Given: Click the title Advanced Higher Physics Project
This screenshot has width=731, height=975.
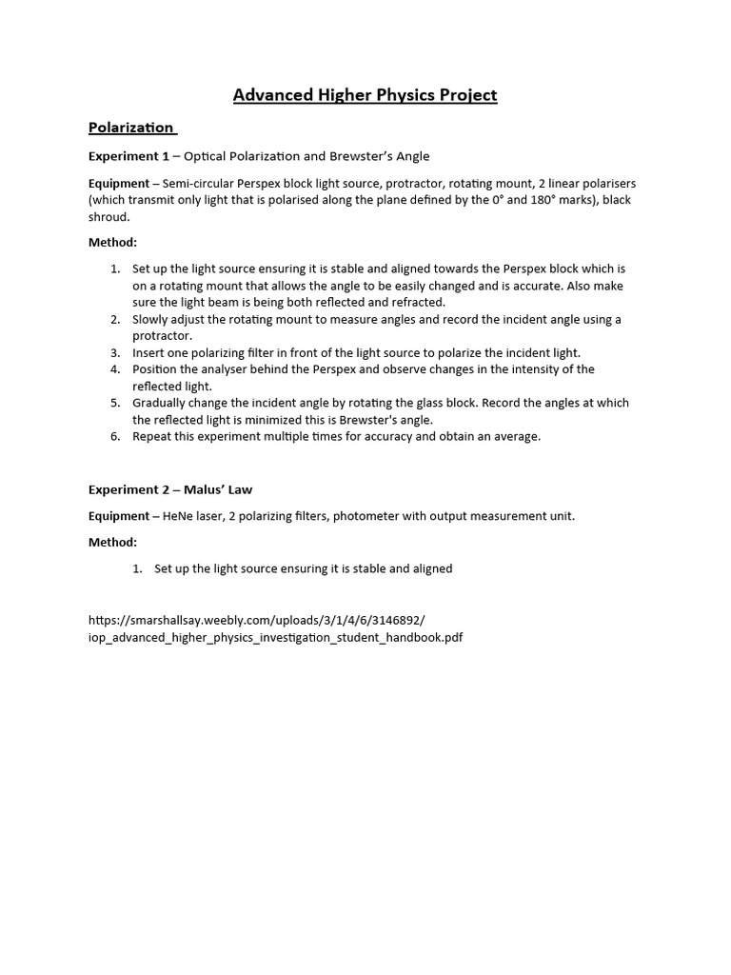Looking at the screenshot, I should [x=365, y=94].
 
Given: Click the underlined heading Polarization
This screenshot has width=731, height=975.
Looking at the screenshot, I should [x=131, y=128].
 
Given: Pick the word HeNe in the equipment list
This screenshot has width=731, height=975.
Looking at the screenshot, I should [x=180, y=516].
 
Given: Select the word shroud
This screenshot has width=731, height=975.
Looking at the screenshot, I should [x=109, y=217].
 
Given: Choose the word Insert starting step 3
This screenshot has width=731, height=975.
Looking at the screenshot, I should [x=149, y=352].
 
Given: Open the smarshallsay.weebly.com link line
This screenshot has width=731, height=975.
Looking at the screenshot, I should [x=257, y=620].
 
